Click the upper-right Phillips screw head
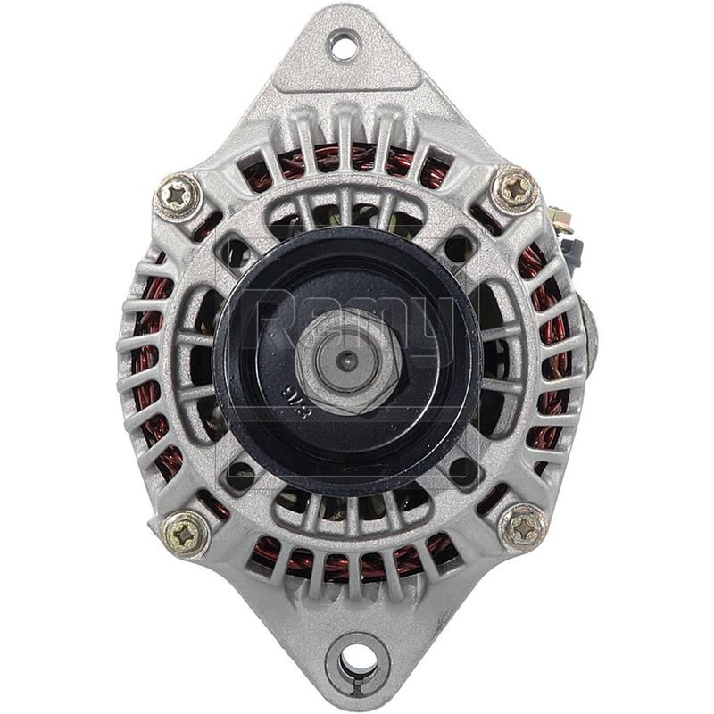point(515,189)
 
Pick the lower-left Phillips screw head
point(187,533)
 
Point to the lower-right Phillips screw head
point(522,526)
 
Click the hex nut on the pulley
point(345,361)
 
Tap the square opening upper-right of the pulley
point(457,248)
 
